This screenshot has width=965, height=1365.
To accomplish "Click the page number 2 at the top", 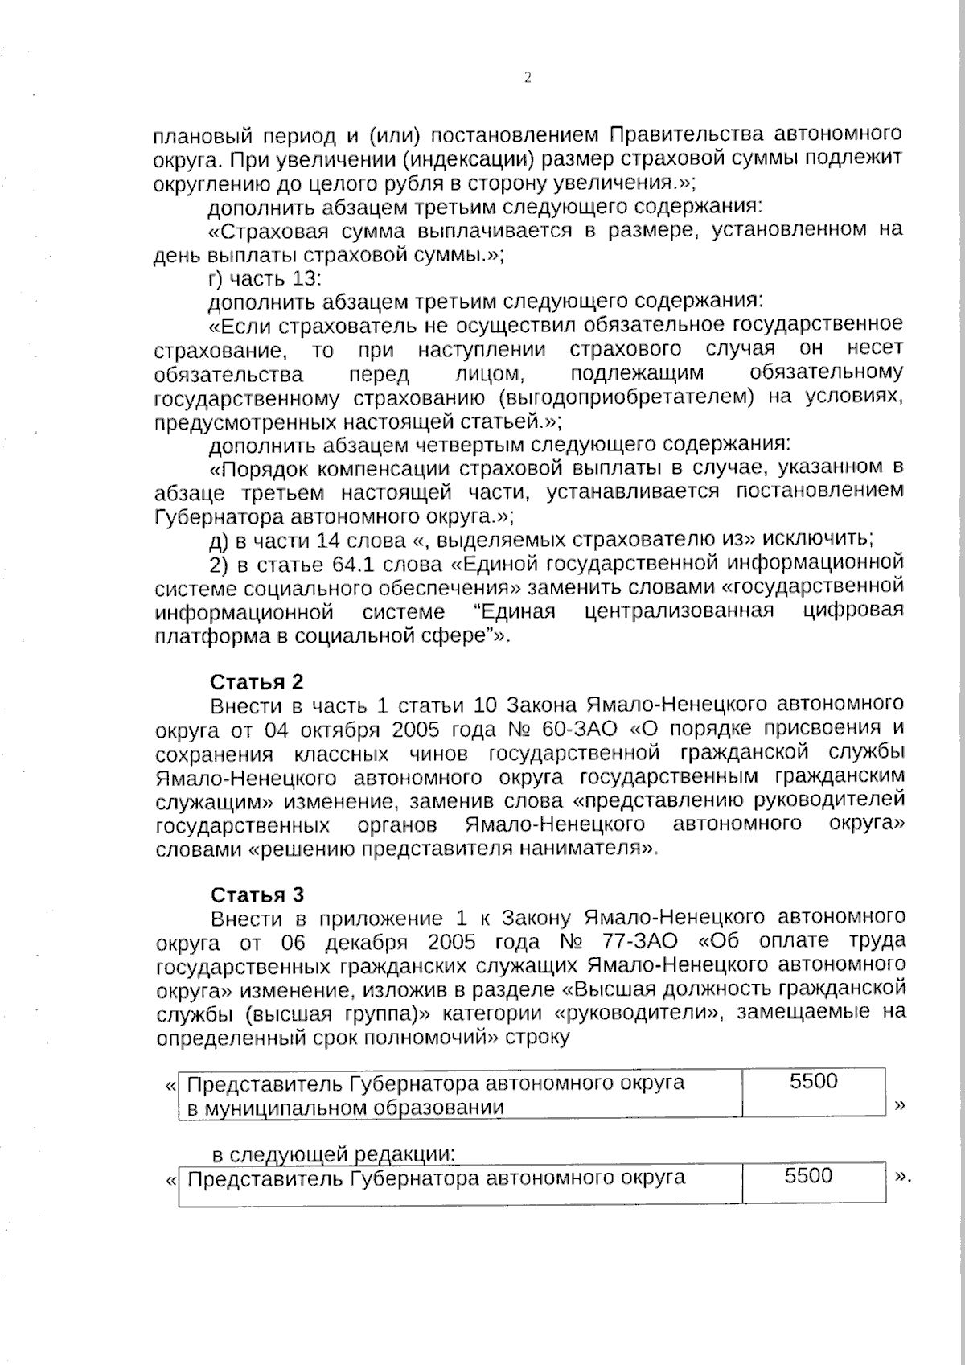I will [x=528, y=78].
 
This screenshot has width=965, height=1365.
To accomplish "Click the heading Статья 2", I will [x=257, y=682].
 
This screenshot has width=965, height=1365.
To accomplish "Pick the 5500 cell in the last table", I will [x=808, y=1176].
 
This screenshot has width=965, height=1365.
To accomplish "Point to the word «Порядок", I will [x=257, y=467].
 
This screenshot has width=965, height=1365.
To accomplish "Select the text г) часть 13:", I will [x=265, y=279].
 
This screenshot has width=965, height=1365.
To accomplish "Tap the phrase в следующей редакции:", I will [x=334, y=1155].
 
